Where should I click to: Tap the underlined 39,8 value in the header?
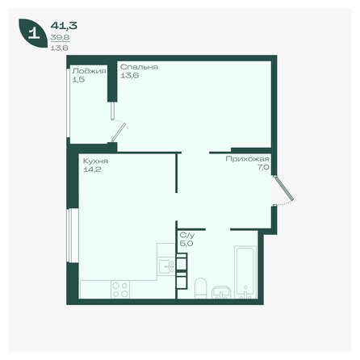(58, 37)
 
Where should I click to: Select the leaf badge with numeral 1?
(32, 34)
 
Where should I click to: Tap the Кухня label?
(95, 161)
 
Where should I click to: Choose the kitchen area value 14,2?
(91, 170)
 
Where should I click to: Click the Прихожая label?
(247, 160)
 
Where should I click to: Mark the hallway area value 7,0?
(262, 169)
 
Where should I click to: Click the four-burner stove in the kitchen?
(120, 289)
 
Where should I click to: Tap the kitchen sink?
(166, 267)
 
